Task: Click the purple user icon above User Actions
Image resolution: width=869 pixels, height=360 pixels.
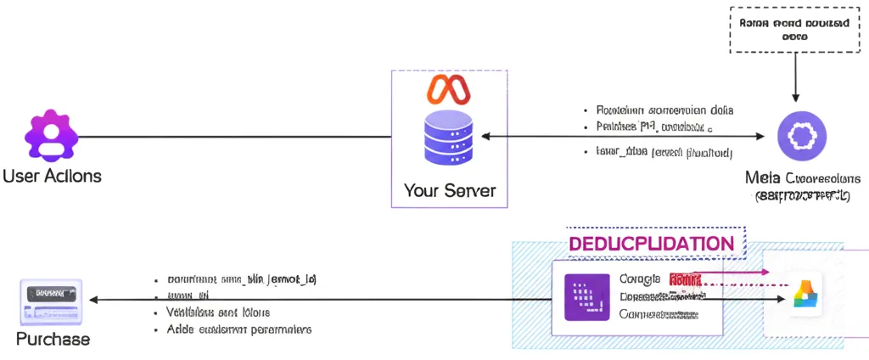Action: (51, 137)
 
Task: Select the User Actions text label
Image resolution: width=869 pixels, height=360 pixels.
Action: (52, 177)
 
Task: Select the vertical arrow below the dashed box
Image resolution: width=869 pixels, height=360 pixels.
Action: (794, 78)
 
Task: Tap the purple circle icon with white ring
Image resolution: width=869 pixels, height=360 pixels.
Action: (802, 136)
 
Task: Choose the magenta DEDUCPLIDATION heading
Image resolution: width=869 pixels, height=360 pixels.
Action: (652, 244)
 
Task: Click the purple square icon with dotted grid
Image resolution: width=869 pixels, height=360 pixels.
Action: (586, 298)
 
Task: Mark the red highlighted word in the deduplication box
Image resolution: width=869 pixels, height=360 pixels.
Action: (684, 278)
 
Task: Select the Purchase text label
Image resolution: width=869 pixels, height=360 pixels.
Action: (53, 339)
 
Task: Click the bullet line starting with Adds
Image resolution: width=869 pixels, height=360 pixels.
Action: (233, 329)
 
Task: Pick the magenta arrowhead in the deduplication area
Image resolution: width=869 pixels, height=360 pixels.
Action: (765, 273)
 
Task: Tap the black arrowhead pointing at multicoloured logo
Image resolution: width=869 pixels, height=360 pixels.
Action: (781, 300)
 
